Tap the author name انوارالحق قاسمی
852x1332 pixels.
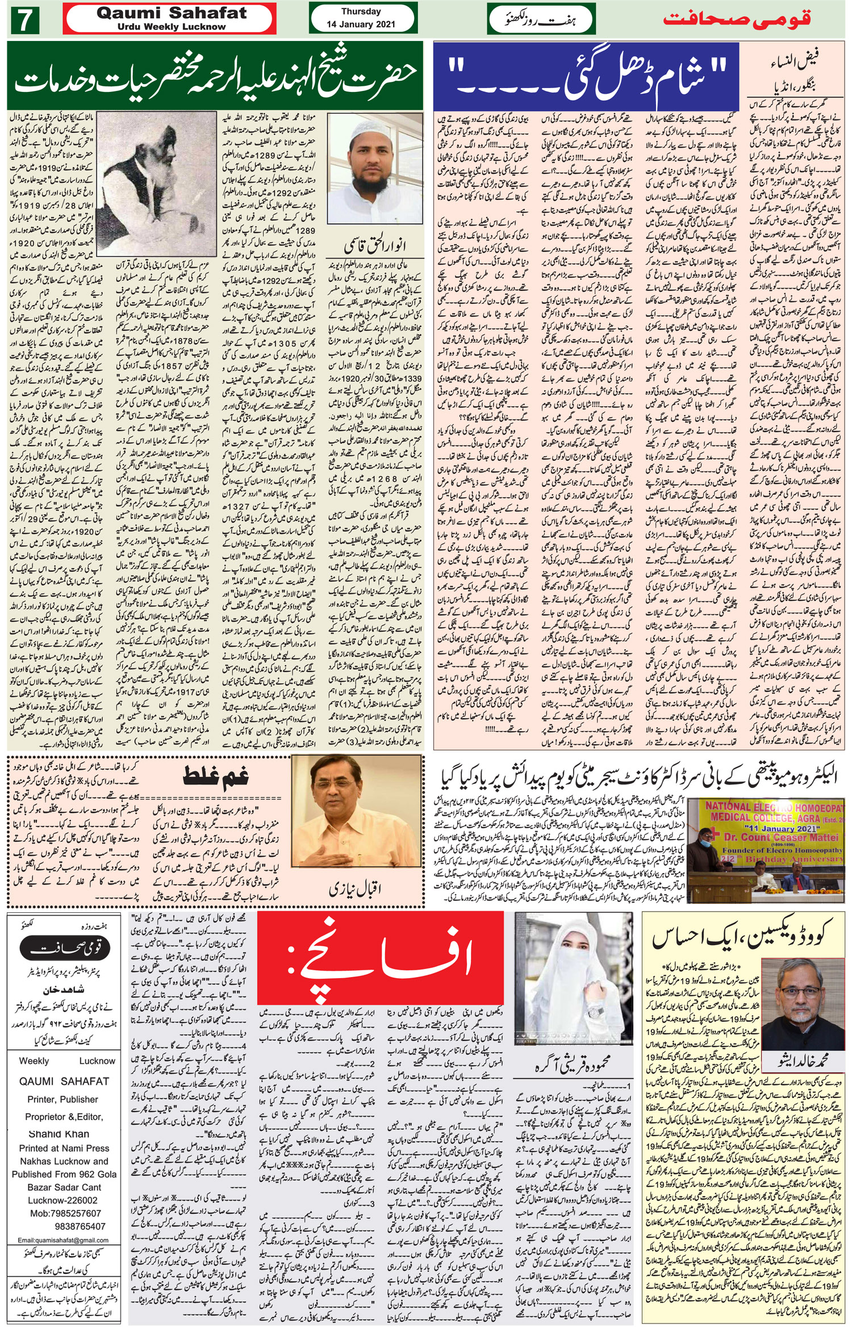(x=375, y=245)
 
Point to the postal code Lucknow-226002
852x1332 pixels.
(x=62, y=1200)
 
